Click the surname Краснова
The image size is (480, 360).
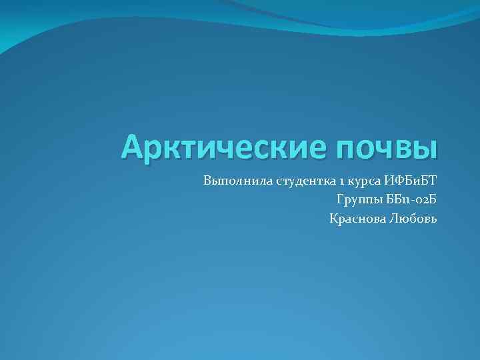tap(354, 219)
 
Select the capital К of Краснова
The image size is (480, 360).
tap(333, 219)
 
